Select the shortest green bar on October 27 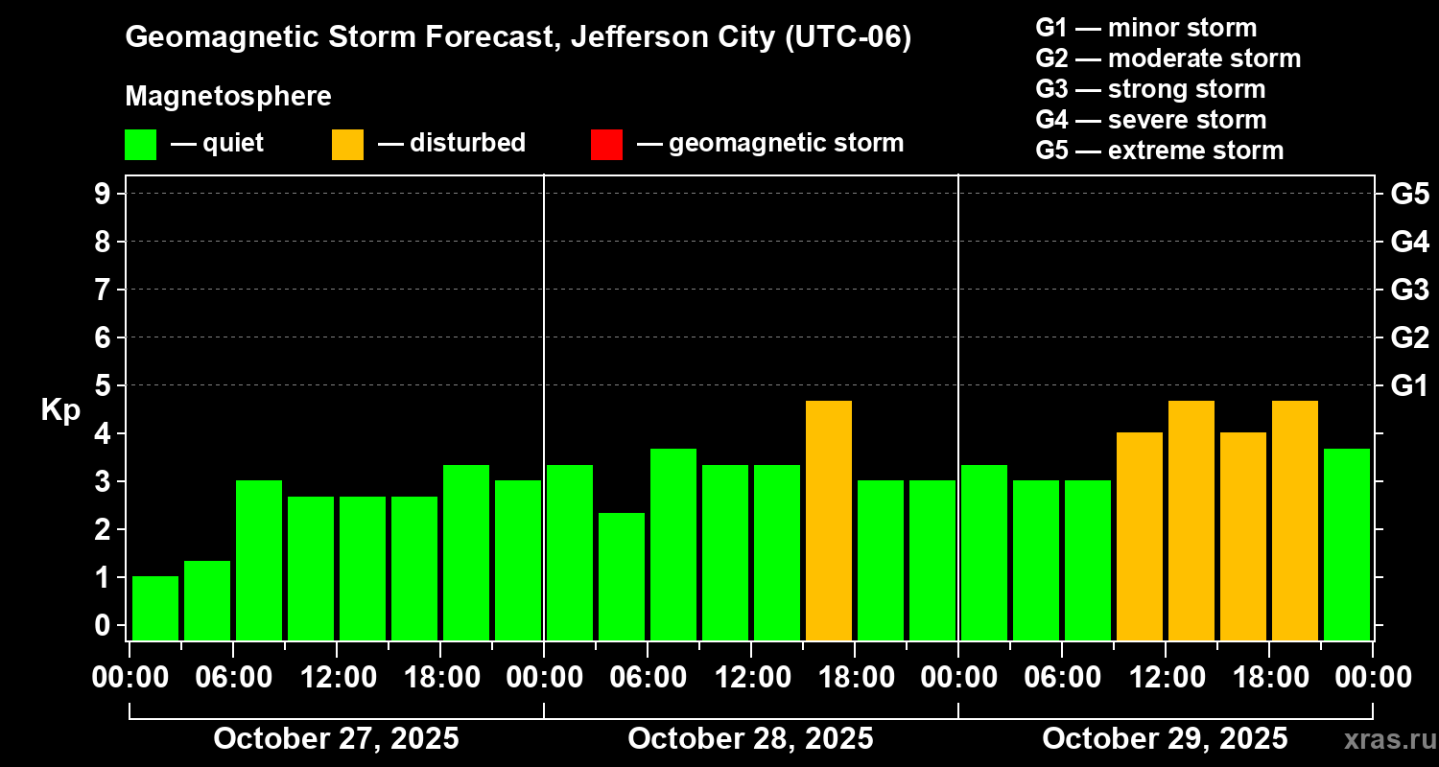[x=155, y=608]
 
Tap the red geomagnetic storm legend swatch [x=606, y=144]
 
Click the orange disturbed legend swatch [x=347, y=144]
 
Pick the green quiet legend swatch [x=140, y=144]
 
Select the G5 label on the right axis [x=1409, y=194]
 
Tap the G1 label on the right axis [x=1409, y=386]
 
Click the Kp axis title [x=60, y=410]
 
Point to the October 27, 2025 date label [x=336, y=739]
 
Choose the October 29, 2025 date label [x=1165, y=739]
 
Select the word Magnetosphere [x=228, y=97]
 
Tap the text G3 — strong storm [x=1150, y=89]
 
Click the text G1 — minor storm [x=1145, y=28]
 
